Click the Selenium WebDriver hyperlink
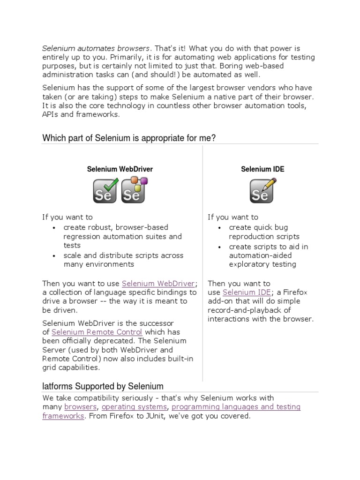pyautogui.click(x=158, y=284)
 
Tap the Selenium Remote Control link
pyautogui.click(x=97, y=332)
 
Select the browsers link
pyautogui.click(x=80, y=407)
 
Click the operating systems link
pyautogui.click(x=134, y=407)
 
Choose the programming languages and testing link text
pyautogui.click(x=236, y=407)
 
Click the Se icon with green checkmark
pyautogui.click(x=105, y=191)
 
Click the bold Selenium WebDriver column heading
pyautogui.click(x=120, y=169)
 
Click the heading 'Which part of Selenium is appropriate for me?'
pyautogui.click(x=129, y=138)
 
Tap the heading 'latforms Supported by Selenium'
pyautogui.click(x=103, y=387)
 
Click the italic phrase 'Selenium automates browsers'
pyautogui.click(x=96, y=48)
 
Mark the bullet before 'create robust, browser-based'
pyautogui.click(x=54, y=228)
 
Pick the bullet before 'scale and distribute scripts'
pyautogui.click(x=54, y=256)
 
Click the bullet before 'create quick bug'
pyautogui.click(x=219, y=228)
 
